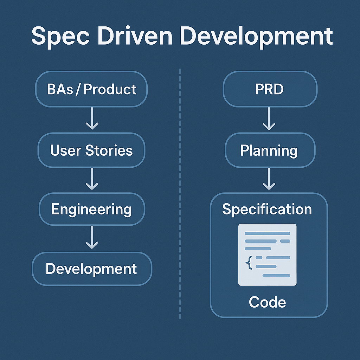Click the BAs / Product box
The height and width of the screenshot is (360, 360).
tap(91, 89)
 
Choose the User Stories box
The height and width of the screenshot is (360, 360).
tap(91, 150)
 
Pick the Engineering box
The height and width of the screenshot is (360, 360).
tap(91, 210)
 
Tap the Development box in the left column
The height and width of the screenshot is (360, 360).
tap(91, 269)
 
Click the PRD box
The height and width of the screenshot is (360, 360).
tap(270, 89)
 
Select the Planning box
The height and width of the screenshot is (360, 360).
tap(270, 150)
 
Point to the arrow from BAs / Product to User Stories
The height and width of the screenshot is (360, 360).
tap(92, 119)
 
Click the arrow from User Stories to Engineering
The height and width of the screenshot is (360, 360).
tap(92, 179)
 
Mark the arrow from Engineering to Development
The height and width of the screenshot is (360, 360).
tap(92, 238)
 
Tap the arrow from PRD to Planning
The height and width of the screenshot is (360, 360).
tap(269, 119)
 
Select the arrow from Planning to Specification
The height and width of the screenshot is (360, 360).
tap(269, 179)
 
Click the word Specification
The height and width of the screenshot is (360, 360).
tap(267, 210)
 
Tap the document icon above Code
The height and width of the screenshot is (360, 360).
tap(268, 255)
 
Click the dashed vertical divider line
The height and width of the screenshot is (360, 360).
tap(180, 193)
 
